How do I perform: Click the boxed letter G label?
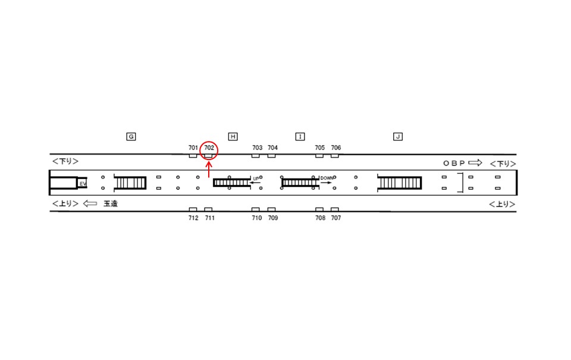click(x=131, y=137)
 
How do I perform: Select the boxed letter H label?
click(x=233, y=137)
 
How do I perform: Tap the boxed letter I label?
click(x=300, y=137)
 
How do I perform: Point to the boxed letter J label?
click(x=398, y=137)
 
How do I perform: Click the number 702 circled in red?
click(x=209, y=148)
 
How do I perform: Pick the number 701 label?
click(x=193, y=148)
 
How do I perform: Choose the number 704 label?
click(x=272, y=148)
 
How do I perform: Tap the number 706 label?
click(x=335, y=148)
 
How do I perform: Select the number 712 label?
click(x=193, y=218)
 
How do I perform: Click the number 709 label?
click(x=273, y=218)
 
